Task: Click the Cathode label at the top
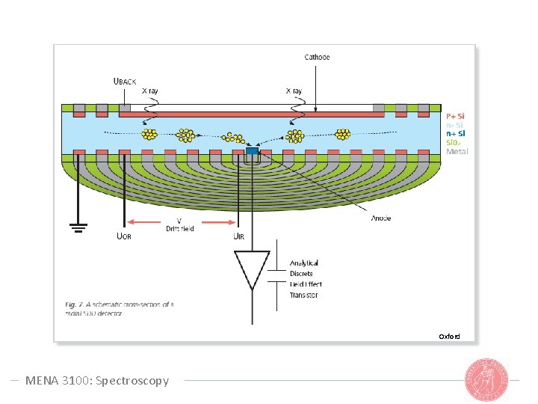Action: [317, 57]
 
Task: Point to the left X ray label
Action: [150, 91]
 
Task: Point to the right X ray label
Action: [294, 91]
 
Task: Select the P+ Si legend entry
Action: [455, 116]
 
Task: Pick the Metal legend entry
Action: [457, 152]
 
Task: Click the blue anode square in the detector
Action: [251, 153]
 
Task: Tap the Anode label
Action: [380, 218]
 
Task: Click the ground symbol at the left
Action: [77, 227]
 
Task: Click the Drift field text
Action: [179, 228]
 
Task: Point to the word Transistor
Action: [303, 295]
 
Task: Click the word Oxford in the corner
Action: [449, 336]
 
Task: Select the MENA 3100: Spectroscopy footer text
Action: [97, 381]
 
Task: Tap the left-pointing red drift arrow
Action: [146, 221]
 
